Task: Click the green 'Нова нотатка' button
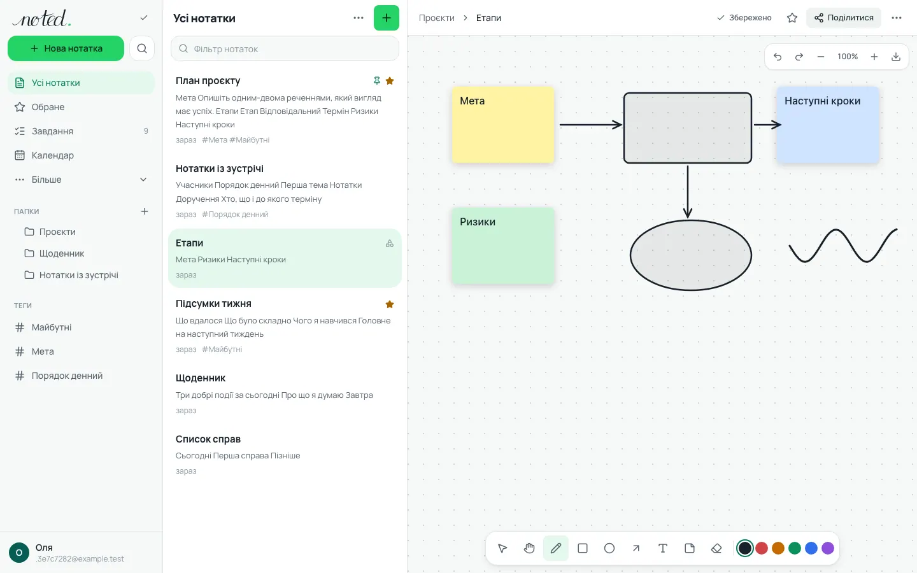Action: [x=66, y=48]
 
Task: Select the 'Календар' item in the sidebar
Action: [x=52, y=155]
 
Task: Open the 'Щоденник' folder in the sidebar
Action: [x=61, y=253]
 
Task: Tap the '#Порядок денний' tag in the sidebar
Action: [x=67, y=376]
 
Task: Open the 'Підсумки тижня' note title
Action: [x=213, y=303]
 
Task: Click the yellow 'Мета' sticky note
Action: [x=503, y=125]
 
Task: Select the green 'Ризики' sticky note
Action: [x=503, y=246]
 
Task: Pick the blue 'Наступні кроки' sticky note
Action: [x=828, y=125]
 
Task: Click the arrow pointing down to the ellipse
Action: [x=688, y=192]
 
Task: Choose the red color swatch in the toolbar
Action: [x=762, y=548]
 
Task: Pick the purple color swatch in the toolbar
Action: [x=828, y=548]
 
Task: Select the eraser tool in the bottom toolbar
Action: [x=716, y=548]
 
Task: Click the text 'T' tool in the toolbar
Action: [x=663, y=548]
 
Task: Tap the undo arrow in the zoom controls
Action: [x=778, y=57]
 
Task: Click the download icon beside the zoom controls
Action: [x=896, y=57]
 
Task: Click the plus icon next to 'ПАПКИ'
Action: [x=145, y=211]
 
